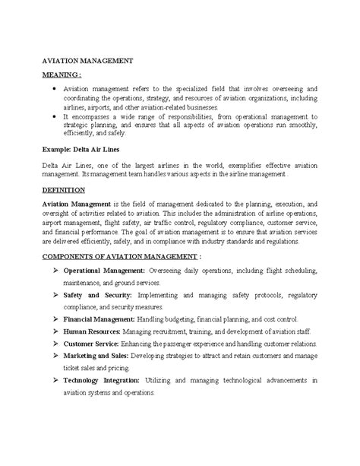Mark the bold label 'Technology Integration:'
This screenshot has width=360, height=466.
point(101,380)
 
